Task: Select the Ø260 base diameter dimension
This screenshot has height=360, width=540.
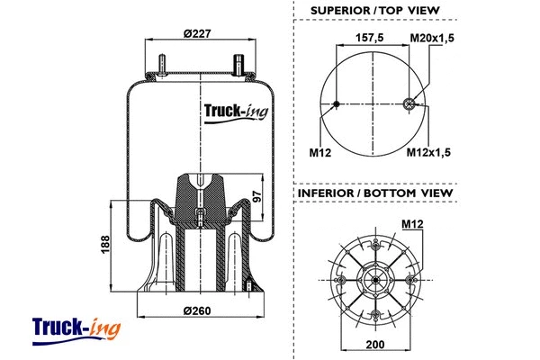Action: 195,312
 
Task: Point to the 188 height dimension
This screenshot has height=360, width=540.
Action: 104,243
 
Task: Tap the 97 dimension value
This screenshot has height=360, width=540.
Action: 257,197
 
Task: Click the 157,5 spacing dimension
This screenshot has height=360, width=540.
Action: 371,38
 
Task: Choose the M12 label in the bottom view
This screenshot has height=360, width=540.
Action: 412,223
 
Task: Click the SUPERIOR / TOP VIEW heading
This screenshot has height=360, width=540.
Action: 374,10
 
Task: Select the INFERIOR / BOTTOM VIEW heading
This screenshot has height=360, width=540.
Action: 374,193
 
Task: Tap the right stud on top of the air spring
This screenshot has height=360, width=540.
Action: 240,67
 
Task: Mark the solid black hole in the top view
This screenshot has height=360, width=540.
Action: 337,104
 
